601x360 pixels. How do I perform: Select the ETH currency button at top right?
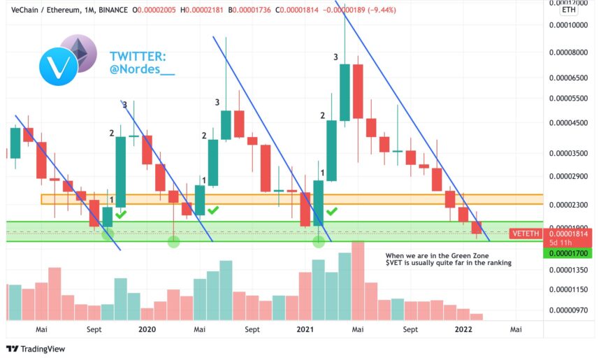[x=570, y=10]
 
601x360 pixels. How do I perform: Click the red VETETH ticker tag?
[x=526, y=233]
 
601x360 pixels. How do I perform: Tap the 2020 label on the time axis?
[x=147, y=328]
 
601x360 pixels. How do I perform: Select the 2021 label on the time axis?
[x=305, y=328]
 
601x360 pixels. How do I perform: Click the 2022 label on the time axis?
[x=463, y=328]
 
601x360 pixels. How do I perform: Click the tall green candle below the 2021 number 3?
[x=345, y=92]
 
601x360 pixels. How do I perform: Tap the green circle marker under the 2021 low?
[x=319, y=241]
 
